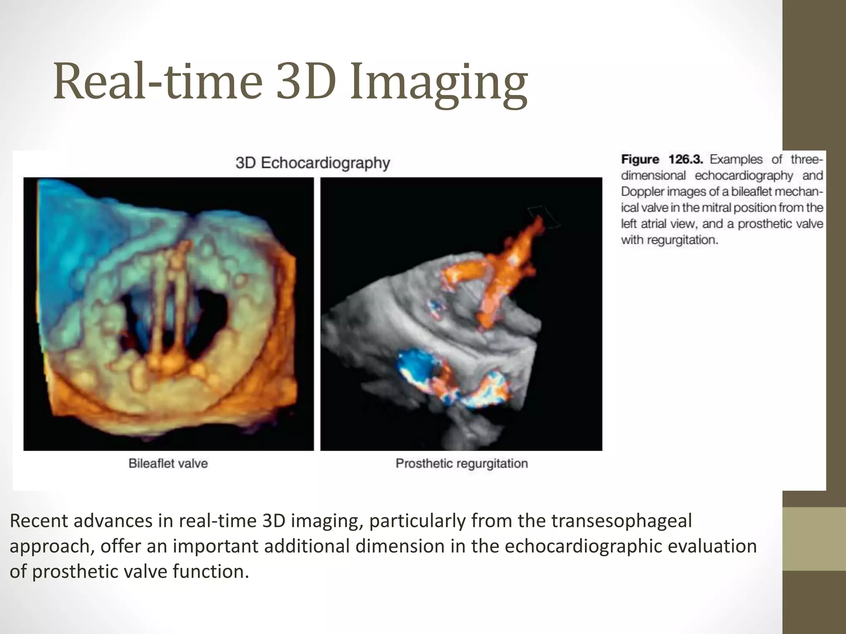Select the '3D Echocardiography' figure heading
(313, 163)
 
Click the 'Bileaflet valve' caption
(168, 463)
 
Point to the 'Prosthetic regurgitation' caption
(461, 463)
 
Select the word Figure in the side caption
(640, 159)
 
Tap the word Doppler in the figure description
(642, 192)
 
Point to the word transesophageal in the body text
(621, 521)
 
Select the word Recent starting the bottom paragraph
(39, 521)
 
